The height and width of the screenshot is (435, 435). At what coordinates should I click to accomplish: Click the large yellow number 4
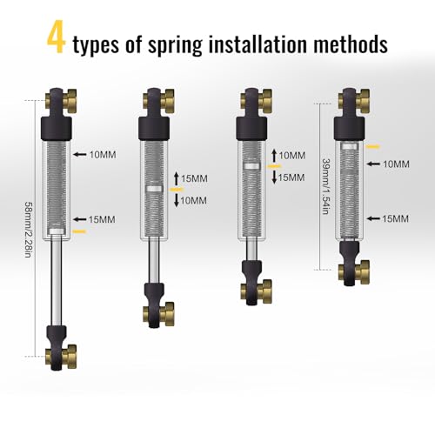coord(57,37)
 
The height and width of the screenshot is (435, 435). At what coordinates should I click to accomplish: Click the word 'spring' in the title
coord(175,44)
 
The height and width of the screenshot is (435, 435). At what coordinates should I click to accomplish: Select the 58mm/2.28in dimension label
coord(28,230)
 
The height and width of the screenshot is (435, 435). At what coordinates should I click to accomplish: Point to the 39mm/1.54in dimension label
coord(326,186)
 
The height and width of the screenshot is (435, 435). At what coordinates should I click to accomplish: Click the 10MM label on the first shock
coord(103,155)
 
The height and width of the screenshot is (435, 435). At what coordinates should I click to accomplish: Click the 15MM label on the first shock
coord(102,219)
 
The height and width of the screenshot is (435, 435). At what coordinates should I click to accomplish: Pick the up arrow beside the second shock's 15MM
coord(177,178)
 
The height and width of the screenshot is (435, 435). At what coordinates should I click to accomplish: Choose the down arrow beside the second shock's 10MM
coord(177,200)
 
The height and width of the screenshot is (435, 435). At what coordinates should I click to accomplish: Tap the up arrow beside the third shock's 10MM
coord(274,156)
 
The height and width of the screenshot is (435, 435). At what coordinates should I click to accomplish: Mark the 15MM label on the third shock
coord(291,177)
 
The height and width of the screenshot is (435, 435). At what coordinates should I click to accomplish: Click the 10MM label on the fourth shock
coord(396,164)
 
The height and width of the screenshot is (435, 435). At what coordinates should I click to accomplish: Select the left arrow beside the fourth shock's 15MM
coord(373,218)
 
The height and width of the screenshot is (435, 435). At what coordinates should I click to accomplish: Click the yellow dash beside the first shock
coord(79,231)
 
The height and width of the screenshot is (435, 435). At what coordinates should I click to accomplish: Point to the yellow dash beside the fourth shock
coord(372,147)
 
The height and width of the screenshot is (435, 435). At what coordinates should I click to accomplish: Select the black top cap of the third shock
coord(251,128)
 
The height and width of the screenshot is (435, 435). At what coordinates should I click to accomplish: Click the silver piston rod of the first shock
coord(56,281)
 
